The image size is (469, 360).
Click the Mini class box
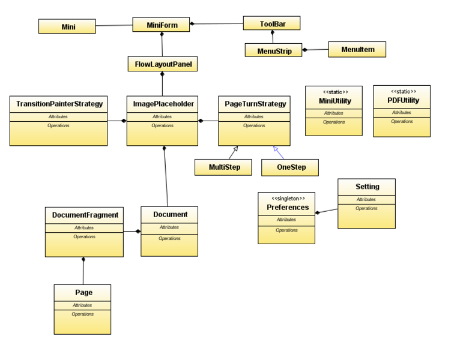tap(67, 26)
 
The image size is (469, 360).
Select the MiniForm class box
tap(161, 25)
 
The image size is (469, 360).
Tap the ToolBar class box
tap(271, 23)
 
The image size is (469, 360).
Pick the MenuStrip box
tap(273, 50)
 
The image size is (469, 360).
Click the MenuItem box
tap(357, 49)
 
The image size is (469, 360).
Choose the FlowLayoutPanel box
tap(163, 64)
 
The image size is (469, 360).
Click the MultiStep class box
tap(223, 167)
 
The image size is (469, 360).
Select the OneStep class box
tap(290, 167)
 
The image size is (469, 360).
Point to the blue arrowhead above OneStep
tap(276, 148)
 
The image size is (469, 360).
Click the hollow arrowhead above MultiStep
tap(235, 148)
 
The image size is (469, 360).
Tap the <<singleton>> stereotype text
tap(288, 199)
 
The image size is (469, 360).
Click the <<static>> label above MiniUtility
tap(336, 92)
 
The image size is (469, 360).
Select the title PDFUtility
tap(403, 100)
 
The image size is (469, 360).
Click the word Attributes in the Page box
tap(82, 305)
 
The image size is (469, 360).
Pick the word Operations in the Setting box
tap(366, 208)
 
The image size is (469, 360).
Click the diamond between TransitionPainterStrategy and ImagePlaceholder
tap(124, 121)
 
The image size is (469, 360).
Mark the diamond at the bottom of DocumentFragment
tap(83, 259)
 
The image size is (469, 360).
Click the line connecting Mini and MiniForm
tap(114, 25)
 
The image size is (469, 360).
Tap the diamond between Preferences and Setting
tap(318, 213)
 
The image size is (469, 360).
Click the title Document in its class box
tap(170, 215)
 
